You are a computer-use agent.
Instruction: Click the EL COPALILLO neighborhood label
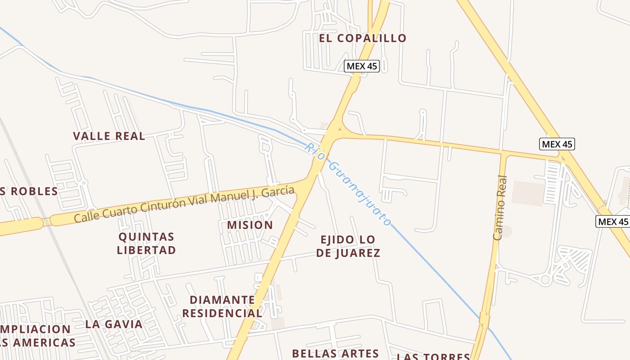(363, 38)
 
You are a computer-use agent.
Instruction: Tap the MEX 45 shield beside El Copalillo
(362, 66)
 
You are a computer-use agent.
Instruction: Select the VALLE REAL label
(109, 136)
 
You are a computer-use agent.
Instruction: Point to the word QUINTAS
(146, 237)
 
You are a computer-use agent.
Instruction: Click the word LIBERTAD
(146, 250)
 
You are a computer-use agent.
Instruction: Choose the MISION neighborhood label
(250, 225)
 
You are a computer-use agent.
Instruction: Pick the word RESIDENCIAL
(222, 313)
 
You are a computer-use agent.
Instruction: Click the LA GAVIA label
(114, 324)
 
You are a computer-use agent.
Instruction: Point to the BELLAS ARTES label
(336, 354)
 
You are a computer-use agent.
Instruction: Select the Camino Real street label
(500, 207)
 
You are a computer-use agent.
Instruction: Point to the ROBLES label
(34, 191)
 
